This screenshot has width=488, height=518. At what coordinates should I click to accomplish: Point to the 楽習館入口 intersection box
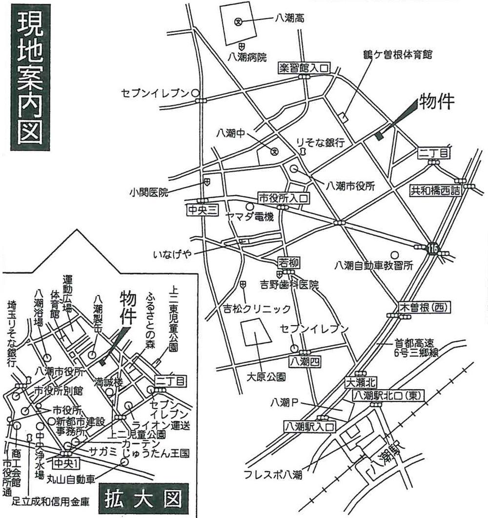pos(305,68)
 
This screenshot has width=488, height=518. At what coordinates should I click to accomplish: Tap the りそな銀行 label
pos(321,143)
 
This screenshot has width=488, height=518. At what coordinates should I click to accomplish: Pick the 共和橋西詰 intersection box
pos(435,191)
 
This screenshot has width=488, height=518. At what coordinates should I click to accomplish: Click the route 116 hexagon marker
pos(432,249)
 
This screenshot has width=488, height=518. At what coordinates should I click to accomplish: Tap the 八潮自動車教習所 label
pos(374,266)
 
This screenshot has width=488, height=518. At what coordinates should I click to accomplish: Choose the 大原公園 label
pos(266,376)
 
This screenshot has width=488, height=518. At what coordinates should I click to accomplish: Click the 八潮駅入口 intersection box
pos(309,426)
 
